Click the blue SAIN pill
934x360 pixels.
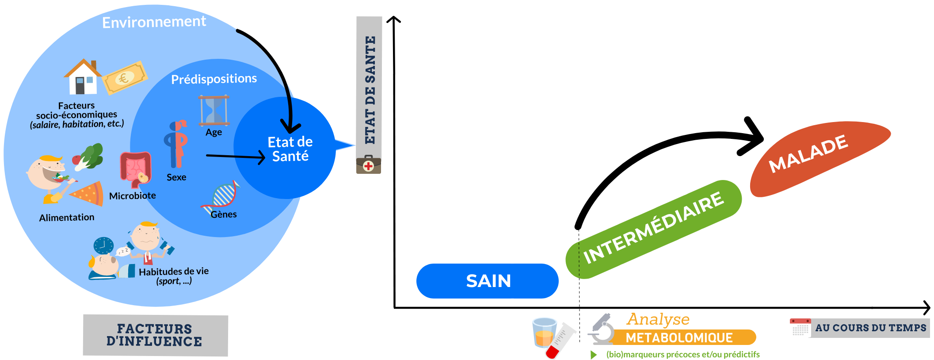tap(487, 281)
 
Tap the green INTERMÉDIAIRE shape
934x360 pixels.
tap(653, 229)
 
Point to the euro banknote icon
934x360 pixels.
tap(125, 78)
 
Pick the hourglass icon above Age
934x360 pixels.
tap(214, 110)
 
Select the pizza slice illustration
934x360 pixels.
tap(88, 193)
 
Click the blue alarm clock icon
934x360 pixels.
tap(103, 245)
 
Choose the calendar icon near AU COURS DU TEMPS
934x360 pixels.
tap(800, 327)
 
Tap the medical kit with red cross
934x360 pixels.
tap(369, 165)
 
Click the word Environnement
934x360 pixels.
tap(154, 22)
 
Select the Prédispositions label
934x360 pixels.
tap(214, 79)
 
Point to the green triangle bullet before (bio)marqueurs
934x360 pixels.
tap(594, 355)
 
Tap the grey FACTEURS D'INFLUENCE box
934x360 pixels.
tap(155, 335)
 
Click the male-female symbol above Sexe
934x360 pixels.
tap(176, 144)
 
